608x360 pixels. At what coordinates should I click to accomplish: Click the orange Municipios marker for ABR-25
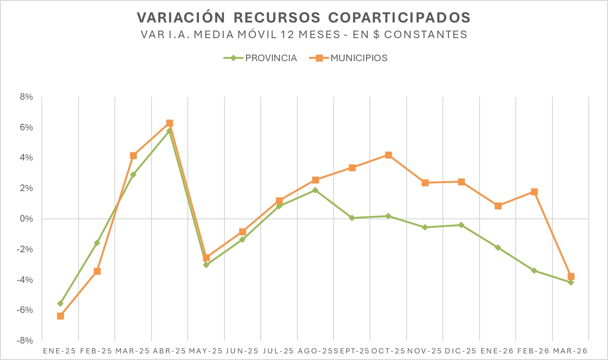coord(169,123)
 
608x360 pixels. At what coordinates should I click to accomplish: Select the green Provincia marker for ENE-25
coord(60,304)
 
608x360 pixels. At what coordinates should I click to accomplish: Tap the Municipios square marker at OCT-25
coord(388,155)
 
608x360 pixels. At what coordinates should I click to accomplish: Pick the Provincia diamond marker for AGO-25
coord(315,190)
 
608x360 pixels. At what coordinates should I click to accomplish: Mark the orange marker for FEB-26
coord(534,192)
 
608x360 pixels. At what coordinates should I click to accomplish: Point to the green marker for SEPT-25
coord(352,218)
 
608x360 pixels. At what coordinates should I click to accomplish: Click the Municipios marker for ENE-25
coord(60,316)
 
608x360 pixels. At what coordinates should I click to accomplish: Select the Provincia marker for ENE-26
coord(498,248)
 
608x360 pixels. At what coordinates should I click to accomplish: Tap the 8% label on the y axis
coord(26,97)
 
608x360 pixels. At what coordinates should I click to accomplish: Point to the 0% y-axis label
coord(26,219)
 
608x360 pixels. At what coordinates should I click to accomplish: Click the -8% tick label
coord(25,340)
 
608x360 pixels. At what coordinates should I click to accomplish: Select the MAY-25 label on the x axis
coord(206,351)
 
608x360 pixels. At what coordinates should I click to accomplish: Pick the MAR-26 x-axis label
coord(570,351)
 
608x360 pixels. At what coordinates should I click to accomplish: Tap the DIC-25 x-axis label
coord(461,351)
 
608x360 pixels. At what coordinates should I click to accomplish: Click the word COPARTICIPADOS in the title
coord(399,17)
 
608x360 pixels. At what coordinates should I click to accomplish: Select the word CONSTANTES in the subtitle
coord(429,35)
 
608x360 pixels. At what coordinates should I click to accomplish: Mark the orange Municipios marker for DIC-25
coord(461,182)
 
